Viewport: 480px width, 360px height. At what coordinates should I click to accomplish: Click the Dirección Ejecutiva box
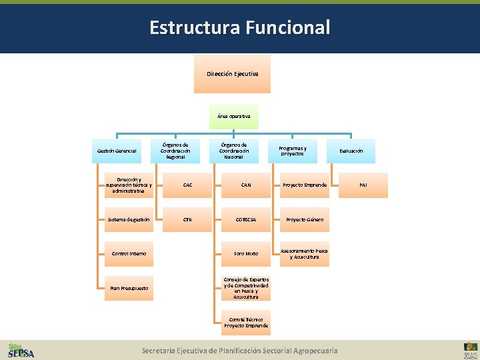[233, 73]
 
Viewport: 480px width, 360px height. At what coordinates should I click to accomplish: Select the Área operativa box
[233, 116]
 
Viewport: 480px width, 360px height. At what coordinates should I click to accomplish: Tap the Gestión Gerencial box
[117, 151]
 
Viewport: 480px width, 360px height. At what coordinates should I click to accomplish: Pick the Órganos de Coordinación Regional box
[175, 151]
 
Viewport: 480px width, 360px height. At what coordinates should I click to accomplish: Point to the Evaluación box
[351, 151]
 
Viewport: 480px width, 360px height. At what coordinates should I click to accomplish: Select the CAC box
[187, 185]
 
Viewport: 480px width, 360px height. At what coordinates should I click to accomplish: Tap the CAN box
[246, 185]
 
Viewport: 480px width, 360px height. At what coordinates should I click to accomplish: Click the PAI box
[363, 185]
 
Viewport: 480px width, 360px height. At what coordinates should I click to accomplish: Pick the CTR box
[187, 219]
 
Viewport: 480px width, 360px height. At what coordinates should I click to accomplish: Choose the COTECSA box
[246, 219]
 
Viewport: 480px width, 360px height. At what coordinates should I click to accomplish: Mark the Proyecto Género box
[305, 219]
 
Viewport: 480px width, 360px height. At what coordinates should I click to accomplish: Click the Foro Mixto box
[246, 254]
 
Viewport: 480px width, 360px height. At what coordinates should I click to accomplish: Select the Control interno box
[129, 254]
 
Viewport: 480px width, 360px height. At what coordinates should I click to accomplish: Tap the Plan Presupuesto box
[129, 288]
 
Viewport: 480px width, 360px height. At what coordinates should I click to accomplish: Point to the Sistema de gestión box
[129, 219]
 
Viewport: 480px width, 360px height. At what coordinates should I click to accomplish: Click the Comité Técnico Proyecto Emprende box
[246, 323]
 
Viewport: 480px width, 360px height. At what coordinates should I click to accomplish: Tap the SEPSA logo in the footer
[21, 351]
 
